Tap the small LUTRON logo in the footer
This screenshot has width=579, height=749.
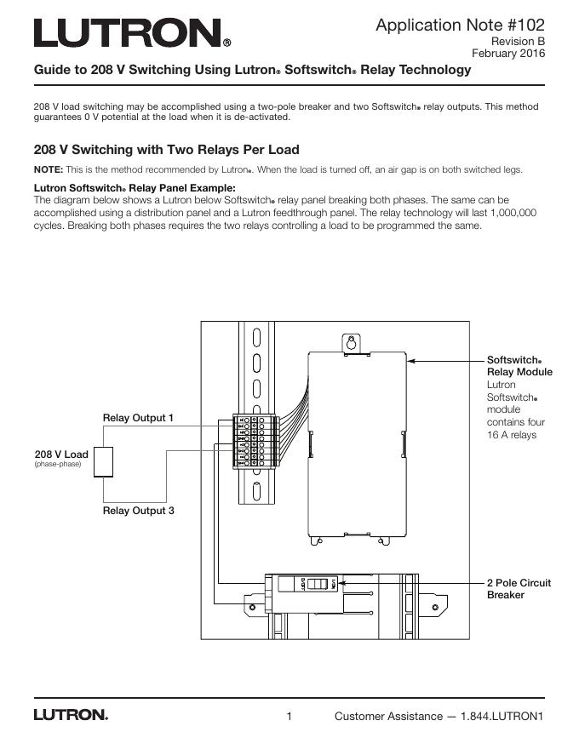(71, 715)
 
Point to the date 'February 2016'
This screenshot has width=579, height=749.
(508, 53)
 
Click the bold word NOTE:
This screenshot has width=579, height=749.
(48, 169)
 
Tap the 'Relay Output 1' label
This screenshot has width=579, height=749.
(138, 418)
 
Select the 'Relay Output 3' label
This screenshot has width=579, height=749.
(138, 511)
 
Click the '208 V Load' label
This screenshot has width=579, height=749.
(60, 455)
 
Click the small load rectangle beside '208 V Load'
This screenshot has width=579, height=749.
(104, 462)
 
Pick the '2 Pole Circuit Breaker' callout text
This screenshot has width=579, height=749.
(519, 589)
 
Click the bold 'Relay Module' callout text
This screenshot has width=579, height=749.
(519, 372)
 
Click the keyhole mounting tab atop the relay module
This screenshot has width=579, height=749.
(348, 342)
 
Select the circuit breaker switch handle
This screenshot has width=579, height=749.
(317, 586)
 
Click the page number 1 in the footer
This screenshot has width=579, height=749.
(289, 716)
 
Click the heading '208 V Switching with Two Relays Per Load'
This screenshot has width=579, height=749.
(166, 150)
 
